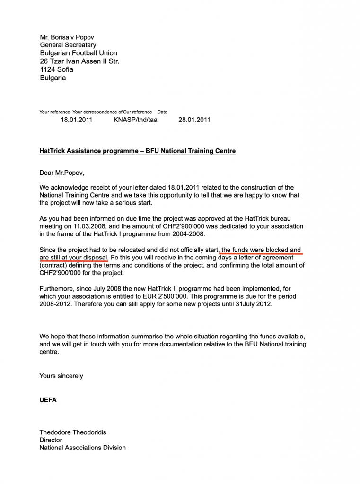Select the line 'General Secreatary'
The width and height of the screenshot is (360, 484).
(x=68, y=45)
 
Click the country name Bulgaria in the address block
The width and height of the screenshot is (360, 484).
(x=53, y=78)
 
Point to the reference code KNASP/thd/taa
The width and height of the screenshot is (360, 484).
(x=135, y=120)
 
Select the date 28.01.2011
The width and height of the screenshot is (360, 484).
(x=194, y=120)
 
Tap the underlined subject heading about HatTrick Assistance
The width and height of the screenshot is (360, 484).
(x=137, y=151)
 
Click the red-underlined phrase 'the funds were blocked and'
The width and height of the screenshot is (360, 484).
(x=261, y=250)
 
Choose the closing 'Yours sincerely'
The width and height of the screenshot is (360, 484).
(x=61, y=376)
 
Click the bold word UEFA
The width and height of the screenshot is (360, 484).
(x=48, y=400)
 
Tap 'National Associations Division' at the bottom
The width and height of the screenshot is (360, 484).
(x=82, y=448)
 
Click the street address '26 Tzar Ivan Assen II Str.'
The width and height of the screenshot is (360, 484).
(x=79, y=61)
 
